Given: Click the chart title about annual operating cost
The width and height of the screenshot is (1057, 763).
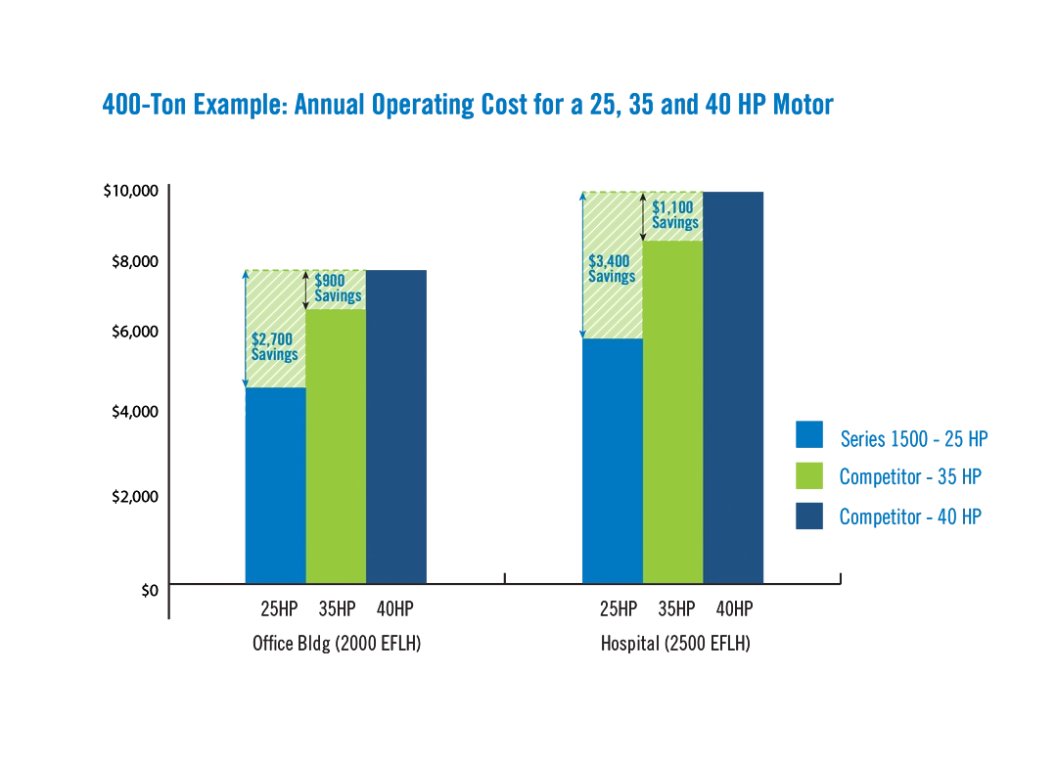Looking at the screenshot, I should (x=468, y=105).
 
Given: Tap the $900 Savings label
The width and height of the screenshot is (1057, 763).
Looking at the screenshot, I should (x=338, y=289).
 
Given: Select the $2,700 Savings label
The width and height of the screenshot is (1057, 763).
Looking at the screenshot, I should (x=274, y=346).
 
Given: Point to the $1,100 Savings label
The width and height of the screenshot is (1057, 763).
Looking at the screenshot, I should (x=675, y=215).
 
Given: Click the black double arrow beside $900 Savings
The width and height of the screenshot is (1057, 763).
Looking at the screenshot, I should (x=306, y=290).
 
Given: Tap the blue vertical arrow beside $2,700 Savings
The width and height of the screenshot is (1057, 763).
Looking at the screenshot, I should (x=246, y=328).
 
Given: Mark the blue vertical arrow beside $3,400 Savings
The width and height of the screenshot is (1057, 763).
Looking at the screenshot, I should (x=582, y=264).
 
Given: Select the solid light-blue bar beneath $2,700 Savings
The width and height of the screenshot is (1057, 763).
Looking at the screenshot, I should (x=275, y=484).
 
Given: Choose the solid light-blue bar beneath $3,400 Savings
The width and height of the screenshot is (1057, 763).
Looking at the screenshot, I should (x=612, y=460).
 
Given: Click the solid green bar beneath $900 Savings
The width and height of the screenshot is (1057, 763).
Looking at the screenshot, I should (x=337, y=445).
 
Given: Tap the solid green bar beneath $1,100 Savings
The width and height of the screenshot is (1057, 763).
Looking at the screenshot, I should (x=673, y=411).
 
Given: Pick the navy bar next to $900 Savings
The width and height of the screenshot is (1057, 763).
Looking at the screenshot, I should (x=398, y=424).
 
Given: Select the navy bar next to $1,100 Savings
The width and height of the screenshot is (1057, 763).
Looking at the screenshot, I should (x=735, y=385).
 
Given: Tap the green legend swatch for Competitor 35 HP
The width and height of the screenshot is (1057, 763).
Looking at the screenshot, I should (x=809, y=476).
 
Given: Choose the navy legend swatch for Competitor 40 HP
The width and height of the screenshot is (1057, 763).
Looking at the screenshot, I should (x=809, y=516).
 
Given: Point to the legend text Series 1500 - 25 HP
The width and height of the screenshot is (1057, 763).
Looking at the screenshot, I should (x=916, y=437).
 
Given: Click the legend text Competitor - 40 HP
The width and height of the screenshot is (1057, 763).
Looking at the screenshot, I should (x=911, y=516).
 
